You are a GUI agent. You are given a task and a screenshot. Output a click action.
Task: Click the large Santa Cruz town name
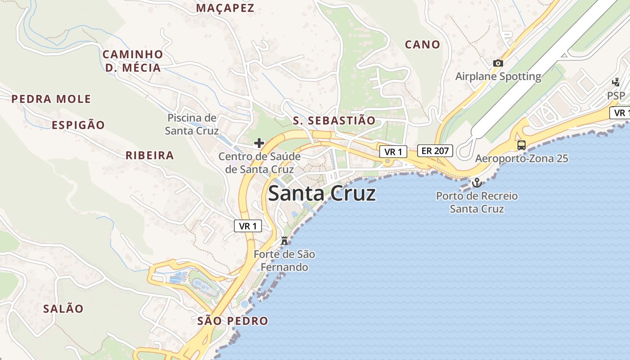coord(322,194)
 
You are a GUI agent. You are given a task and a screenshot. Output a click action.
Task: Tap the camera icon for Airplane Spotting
coord(498,63)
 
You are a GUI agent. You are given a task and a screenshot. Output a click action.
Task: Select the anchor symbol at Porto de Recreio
coord(476,183)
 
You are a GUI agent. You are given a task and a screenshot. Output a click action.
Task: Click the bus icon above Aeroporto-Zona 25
coord(521,145)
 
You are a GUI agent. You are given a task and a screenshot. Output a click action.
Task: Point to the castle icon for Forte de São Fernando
coord(284,241)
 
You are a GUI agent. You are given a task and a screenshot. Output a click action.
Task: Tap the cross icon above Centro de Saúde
coord(259,144)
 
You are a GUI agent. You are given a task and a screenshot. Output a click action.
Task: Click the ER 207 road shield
coord(435,151)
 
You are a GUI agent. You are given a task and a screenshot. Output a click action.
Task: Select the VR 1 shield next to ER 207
coord(393,152)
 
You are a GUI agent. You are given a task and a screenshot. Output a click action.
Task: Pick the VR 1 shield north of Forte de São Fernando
coord(248,226)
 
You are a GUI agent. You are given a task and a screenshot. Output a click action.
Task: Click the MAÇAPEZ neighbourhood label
coord(225,8)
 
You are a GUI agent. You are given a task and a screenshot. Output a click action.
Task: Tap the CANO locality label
coord(422,45)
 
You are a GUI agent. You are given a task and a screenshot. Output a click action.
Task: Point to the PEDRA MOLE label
coord(51,99)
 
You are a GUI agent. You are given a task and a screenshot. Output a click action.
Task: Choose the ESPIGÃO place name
coord(78,125)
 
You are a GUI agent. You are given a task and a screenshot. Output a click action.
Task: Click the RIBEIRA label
coord(150,156)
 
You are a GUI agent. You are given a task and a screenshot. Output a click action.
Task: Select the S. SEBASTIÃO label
coord(334,121)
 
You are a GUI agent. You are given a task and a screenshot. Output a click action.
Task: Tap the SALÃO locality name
coord(63,309)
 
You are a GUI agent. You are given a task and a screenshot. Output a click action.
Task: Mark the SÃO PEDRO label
coord(233,321)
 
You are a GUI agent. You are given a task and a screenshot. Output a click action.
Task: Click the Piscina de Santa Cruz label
coord(192,124)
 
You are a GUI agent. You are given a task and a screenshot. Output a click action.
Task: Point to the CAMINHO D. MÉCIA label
coord(133,61)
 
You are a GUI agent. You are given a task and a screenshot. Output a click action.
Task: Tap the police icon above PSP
coord(616,82)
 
